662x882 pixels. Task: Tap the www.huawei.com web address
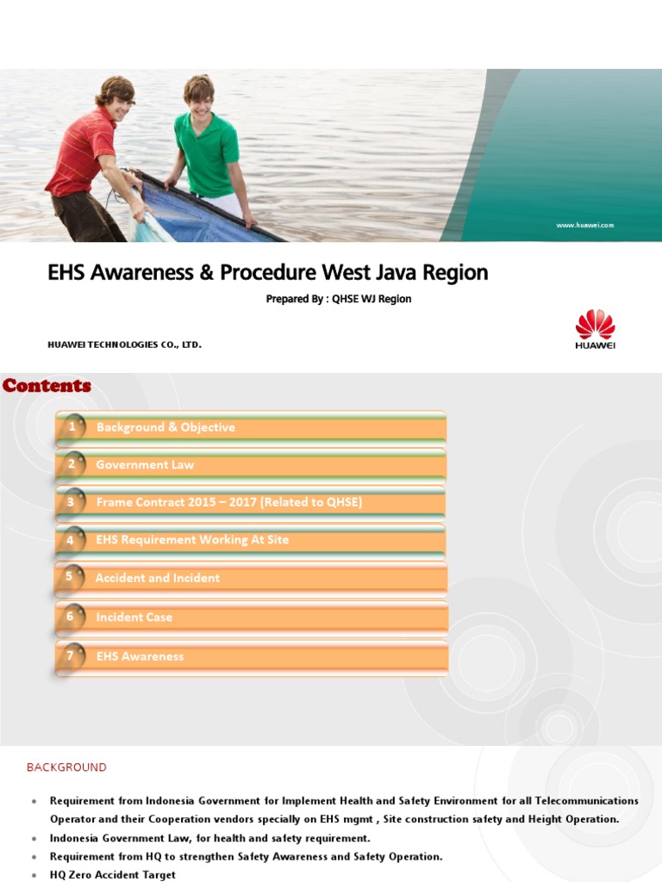[x=584, y=225]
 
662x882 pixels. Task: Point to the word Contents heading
[x=47, y=386]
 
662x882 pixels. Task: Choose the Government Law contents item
[x=145, y=465]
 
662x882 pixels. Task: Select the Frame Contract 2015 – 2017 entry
[x=228, y=502]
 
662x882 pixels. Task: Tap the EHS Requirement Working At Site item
[x=192, y=540]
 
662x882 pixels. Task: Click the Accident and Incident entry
[x=158, y=578]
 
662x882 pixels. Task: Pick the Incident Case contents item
[x=134, y=617]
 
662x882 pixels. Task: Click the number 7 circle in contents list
[x=71, y=655]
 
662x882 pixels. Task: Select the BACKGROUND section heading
[x=66, y=767]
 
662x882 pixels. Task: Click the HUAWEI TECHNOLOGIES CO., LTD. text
[x=124, y=345]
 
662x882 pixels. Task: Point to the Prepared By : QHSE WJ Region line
[x=339, y=299]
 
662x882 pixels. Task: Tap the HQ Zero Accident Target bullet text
[x=112, y=874]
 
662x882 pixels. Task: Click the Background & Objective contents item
[x=165, y=427]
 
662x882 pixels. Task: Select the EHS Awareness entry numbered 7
[x=140, y=656]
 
